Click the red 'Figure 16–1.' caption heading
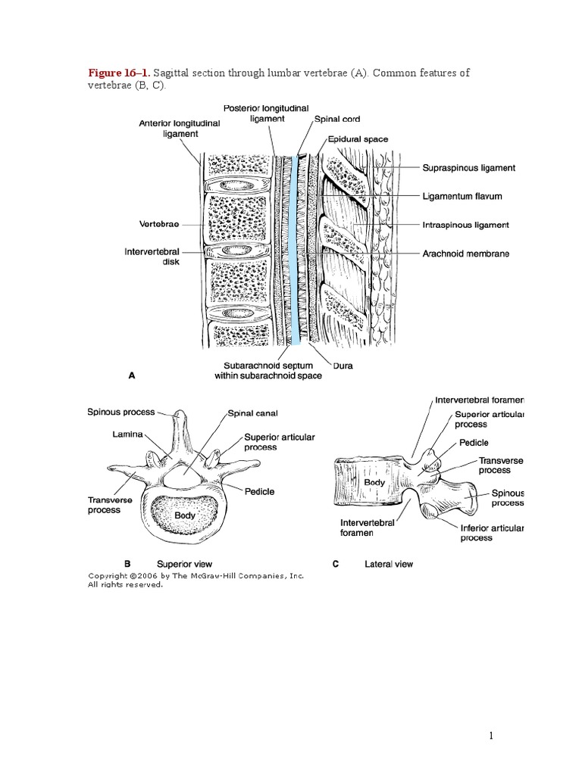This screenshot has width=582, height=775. pos(119,73)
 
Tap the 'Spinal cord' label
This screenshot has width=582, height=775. pos(338,120)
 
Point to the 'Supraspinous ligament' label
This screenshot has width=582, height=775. pos(468,167)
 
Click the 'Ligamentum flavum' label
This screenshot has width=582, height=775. pos(462,196)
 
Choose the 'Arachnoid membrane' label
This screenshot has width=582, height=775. pos(465,254)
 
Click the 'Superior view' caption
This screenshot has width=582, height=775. pos(184,564)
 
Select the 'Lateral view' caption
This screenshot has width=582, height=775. pos(389,564)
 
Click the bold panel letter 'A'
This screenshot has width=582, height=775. pos(132,375)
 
